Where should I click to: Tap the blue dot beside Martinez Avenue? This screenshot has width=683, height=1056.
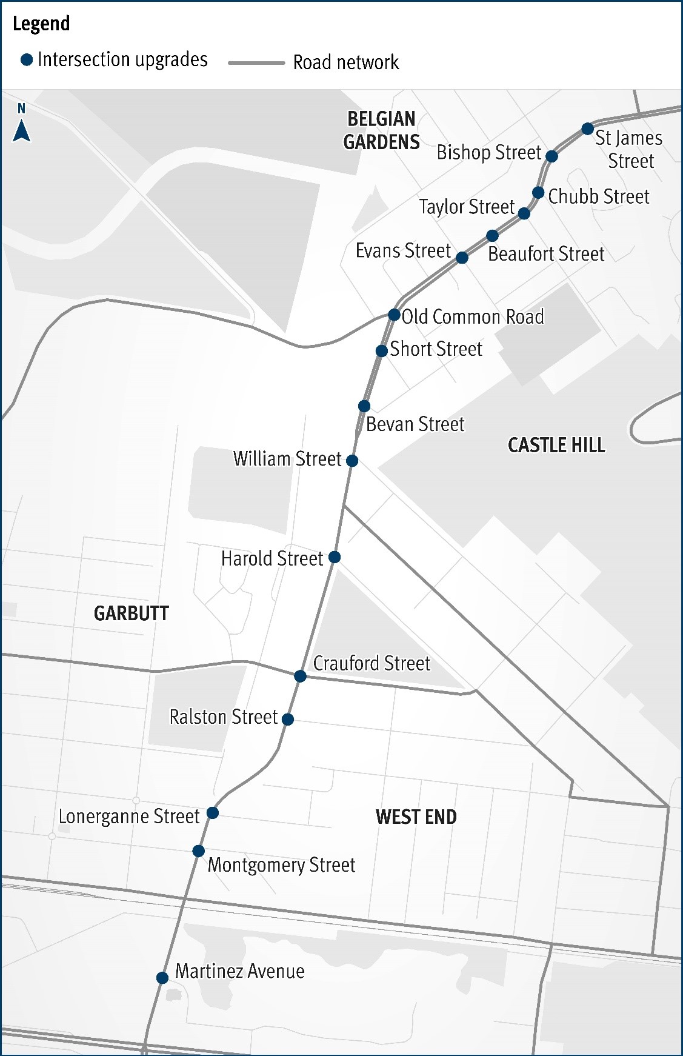pos(162,977)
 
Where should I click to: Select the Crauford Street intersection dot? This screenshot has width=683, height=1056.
pos(300,675)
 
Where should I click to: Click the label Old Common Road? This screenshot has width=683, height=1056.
pos(473,316)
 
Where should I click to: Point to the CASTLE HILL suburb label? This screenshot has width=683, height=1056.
pos(556,445)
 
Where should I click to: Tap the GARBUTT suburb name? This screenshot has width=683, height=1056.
pos(131,613)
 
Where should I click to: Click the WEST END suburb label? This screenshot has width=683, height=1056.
pos(416,817)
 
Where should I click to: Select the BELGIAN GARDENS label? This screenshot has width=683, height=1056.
pos(381,130)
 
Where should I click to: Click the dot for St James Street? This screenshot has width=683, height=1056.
pos(587,129)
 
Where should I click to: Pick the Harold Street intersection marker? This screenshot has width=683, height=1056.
pos(335,556)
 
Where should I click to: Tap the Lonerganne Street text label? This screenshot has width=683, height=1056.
pos(128,816)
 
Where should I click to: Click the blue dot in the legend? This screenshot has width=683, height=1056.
pos(27,60)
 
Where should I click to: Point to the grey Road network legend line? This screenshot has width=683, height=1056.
pos(256,62)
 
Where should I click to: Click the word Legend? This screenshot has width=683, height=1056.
pos(41,24)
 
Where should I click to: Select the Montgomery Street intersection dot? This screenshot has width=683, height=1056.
pos(198,851)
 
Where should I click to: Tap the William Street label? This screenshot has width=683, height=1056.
pos(287,458)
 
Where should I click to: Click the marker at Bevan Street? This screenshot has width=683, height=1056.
pos(364,406)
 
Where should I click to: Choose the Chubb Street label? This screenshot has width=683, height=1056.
pos(598,196)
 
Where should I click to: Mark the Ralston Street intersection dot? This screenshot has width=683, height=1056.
pos(288,719)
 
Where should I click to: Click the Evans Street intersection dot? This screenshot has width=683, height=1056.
pos(462,258)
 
